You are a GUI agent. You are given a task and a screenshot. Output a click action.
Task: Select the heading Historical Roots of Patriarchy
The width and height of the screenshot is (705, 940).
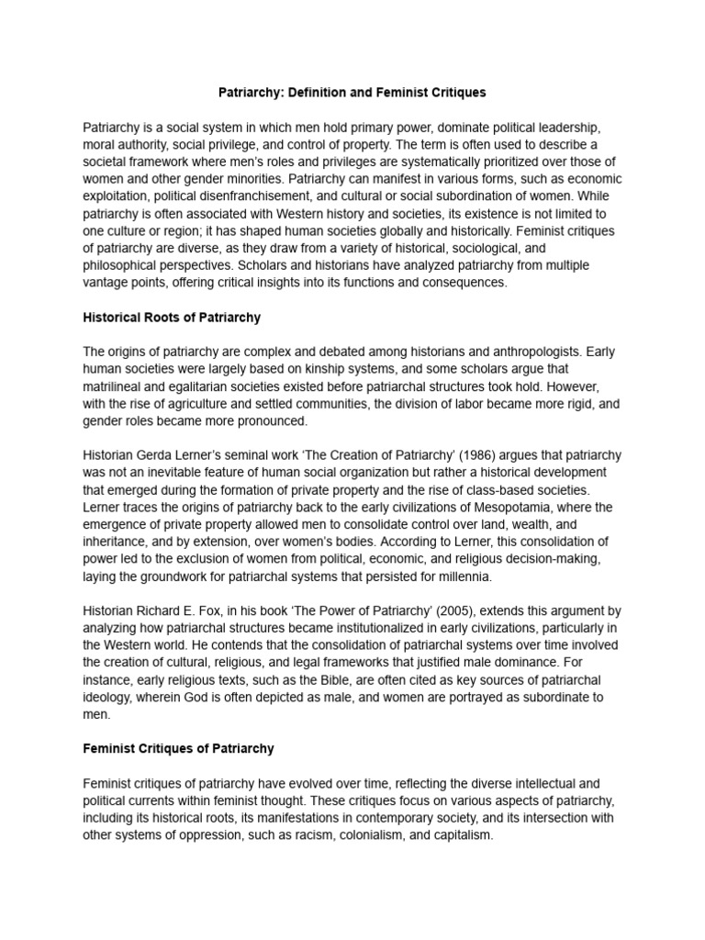click(x=172, y=318)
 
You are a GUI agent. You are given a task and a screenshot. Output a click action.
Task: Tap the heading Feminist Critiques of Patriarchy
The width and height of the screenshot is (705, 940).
click(x=178, y=749)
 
